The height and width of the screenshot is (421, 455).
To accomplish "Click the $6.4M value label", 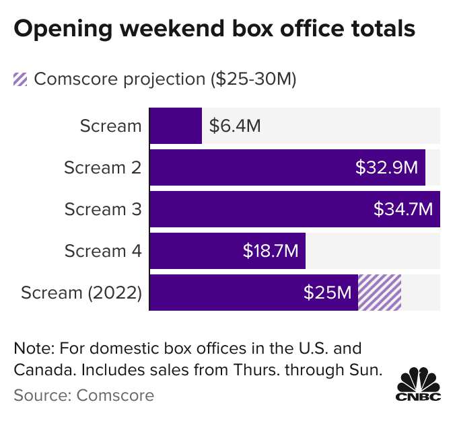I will [235, 126].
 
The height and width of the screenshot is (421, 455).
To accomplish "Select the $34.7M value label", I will [403, 209].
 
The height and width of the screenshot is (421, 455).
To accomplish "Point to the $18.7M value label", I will [270, 251].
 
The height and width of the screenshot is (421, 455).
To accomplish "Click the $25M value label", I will [327, 293].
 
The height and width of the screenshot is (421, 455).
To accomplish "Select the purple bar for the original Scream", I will [176, 126].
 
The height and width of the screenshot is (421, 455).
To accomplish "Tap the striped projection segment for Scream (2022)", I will [380, 293].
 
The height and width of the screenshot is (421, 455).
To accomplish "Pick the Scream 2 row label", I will [102, 167].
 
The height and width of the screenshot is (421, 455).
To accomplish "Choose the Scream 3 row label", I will [102, 209].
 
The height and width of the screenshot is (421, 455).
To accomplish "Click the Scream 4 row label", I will [102, 251].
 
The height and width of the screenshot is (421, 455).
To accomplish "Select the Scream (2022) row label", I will [81, 293].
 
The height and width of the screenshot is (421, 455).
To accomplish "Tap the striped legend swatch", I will [21, 79].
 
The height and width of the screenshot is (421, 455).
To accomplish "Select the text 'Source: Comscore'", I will [83, 395].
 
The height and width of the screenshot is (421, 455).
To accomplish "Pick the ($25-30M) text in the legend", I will [252, 79].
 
